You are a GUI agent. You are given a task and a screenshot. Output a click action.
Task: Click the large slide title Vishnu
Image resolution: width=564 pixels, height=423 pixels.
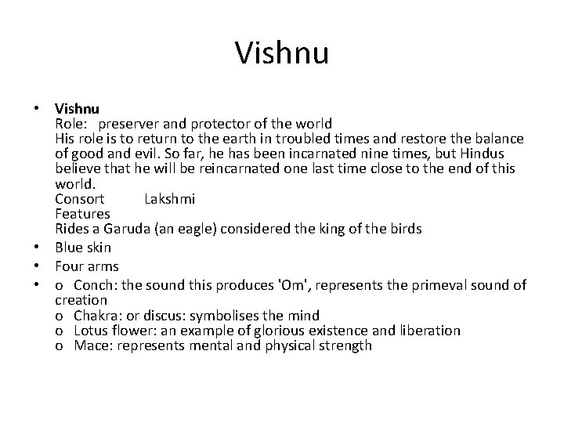click(282, 54)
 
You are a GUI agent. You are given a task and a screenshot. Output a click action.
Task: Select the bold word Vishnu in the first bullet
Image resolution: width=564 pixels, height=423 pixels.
click(78, 109)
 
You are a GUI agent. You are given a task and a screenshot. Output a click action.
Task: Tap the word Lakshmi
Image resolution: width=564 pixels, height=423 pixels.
click(170, 198)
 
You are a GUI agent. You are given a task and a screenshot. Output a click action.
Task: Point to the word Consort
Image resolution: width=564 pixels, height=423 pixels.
click(80, 198)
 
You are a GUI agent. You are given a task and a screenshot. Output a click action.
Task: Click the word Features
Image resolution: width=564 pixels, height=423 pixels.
click(82, 213)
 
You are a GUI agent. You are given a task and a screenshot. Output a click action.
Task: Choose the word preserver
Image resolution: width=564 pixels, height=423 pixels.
click(133, 124)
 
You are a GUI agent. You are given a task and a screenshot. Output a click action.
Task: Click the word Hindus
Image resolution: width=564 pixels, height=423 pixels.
click(479, 154)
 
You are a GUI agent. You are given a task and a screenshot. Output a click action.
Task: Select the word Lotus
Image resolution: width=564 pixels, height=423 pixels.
click(92, 331)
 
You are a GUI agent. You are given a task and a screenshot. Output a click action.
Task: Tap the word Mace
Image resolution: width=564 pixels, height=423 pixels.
click(91, 345)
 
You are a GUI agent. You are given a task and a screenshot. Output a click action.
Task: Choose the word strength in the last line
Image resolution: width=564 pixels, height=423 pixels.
click(345, 345)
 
